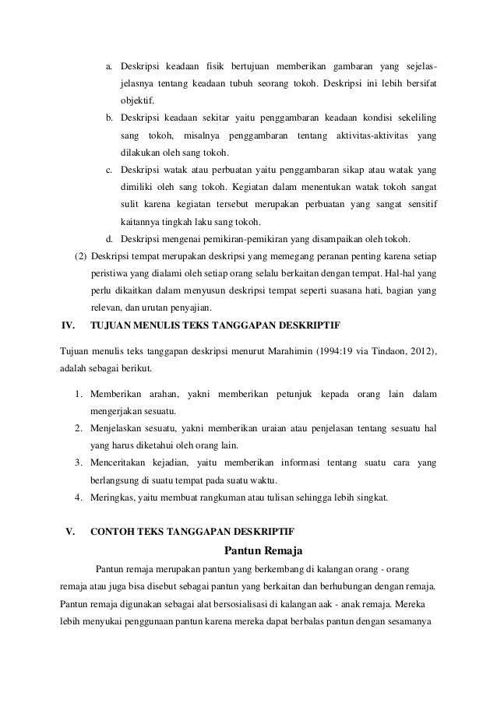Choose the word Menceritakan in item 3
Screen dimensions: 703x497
point(121,462)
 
